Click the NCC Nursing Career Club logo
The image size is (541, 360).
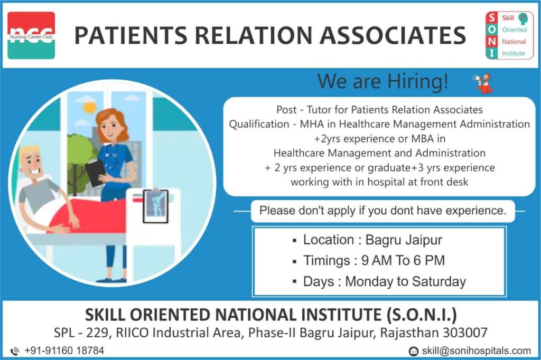(x=31, y=35)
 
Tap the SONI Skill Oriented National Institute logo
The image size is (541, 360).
(x=509, y=35)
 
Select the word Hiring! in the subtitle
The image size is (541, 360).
(x=418, y=81)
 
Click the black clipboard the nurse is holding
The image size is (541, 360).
(x=95, y=172)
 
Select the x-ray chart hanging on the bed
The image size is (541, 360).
(x=156, y=206)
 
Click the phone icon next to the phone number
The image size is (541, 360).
(x=14, y=352)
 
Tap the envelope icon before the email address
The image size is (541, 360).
(x=413, y=352)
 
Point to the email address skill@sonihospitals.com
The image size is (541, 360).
(x=477, y=351)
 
